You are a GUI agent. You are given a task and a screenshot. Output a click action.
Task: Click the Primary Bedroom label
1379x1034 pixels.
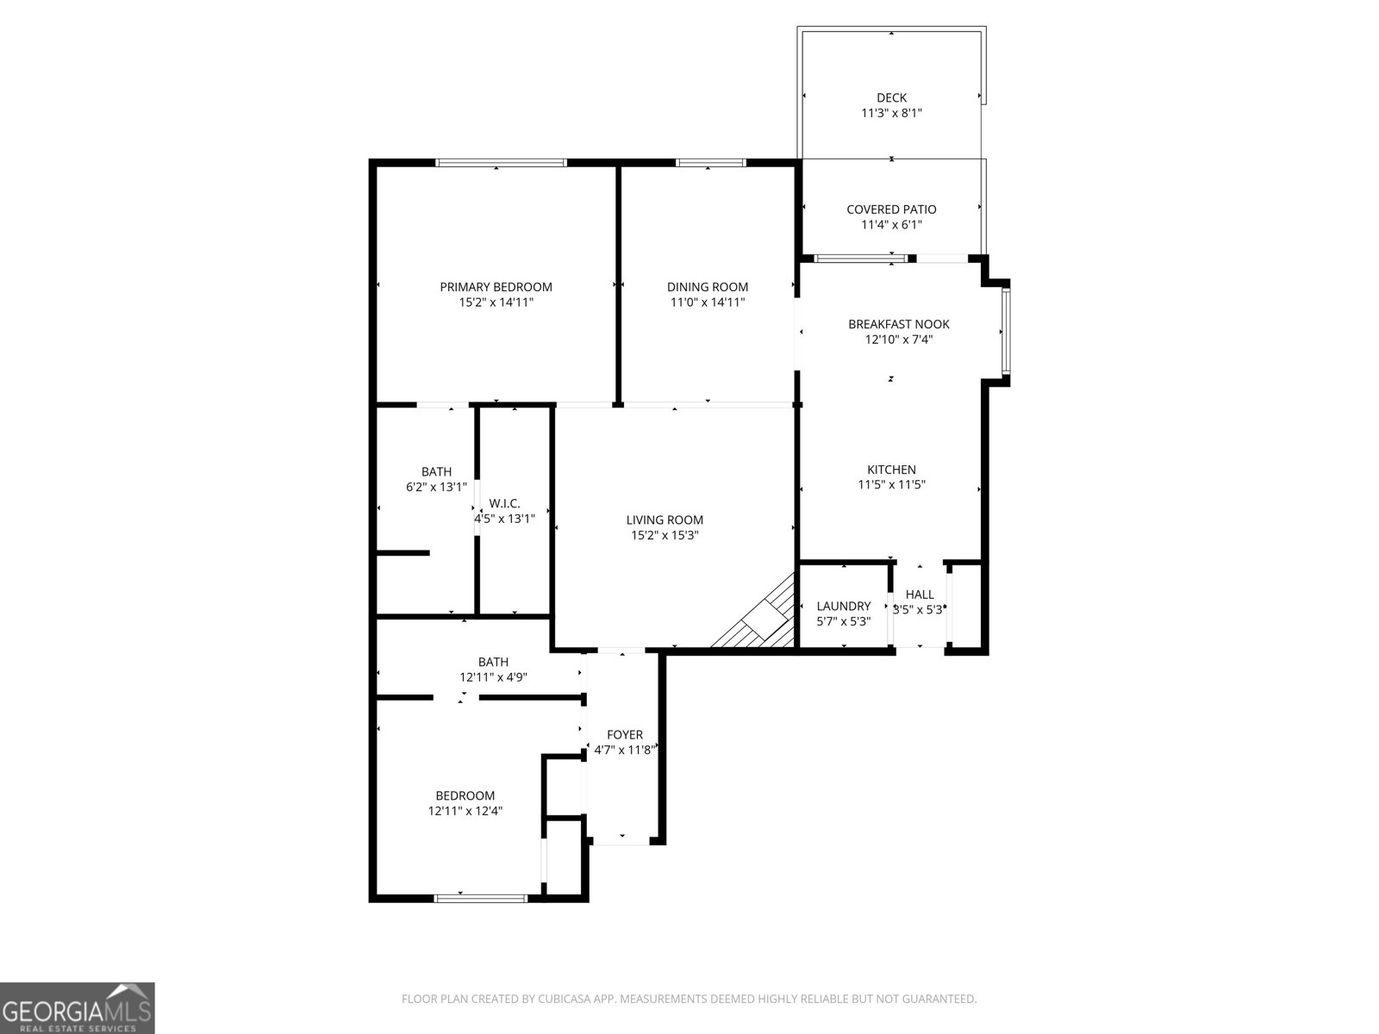coord(496,287)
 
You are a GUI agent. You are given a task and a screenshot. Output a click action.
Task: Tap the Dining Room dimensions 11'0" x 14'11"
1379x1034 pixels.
coord(708,302)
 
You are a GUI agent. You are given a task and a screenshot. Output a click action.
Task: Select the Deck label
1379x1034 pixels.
coord(891,97)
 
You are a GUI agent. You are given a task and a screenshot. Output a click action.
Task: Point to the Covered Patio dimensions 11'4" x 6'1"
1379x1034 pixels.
coord(891,225)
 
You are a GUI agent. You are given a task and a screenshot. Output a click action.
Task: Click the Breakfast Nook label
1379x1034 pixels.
coord(898,324)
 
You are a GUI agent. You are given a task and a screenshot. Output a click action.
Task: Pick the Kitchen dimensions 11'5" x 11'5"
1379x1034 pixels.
coord(891,485)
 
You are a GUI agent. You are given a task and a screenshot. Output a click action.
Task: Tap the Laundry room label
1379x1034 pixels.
coord(843,606)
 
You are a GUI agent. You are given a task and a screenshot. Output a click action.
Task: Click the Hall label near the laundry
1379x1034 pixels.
coord(920,594)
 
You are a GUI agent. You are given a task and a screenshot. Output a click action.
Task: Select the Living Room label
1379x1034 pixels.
coord(665,520)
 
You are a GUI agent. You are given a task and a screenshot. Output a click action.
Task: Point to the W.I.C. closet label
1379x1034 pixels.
coord(504,503)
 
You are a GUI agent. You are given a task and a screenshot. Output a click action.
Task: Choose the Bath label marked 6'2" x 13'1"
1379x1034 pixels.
coord(436,471)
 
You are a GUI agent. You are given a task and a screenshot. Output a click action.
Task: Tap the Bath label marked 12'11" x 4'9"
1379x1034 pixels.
coord(493,662)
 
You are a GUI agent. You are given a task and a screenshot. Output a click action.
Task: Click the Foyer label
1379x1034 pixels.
coord(624,734)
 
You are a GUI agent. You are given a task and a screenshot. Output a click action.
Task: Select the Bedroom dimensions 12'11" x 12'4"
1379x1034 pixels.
coord(465,811)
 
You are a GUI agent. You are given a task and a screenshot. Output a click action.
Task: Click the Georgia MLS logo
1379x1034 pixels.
coord(78,1008)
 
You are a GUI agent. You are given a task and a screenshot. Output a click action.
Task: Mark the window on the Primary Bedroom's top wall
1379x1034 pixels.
coord(501,163)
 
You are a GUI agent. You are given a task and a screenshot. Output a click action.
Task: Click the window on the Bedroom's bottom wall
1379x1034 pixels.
coord(480,898)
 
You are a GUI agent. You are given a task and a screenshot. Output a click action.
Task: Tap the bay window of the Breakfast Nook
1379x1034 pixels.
coord(1005,332)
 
